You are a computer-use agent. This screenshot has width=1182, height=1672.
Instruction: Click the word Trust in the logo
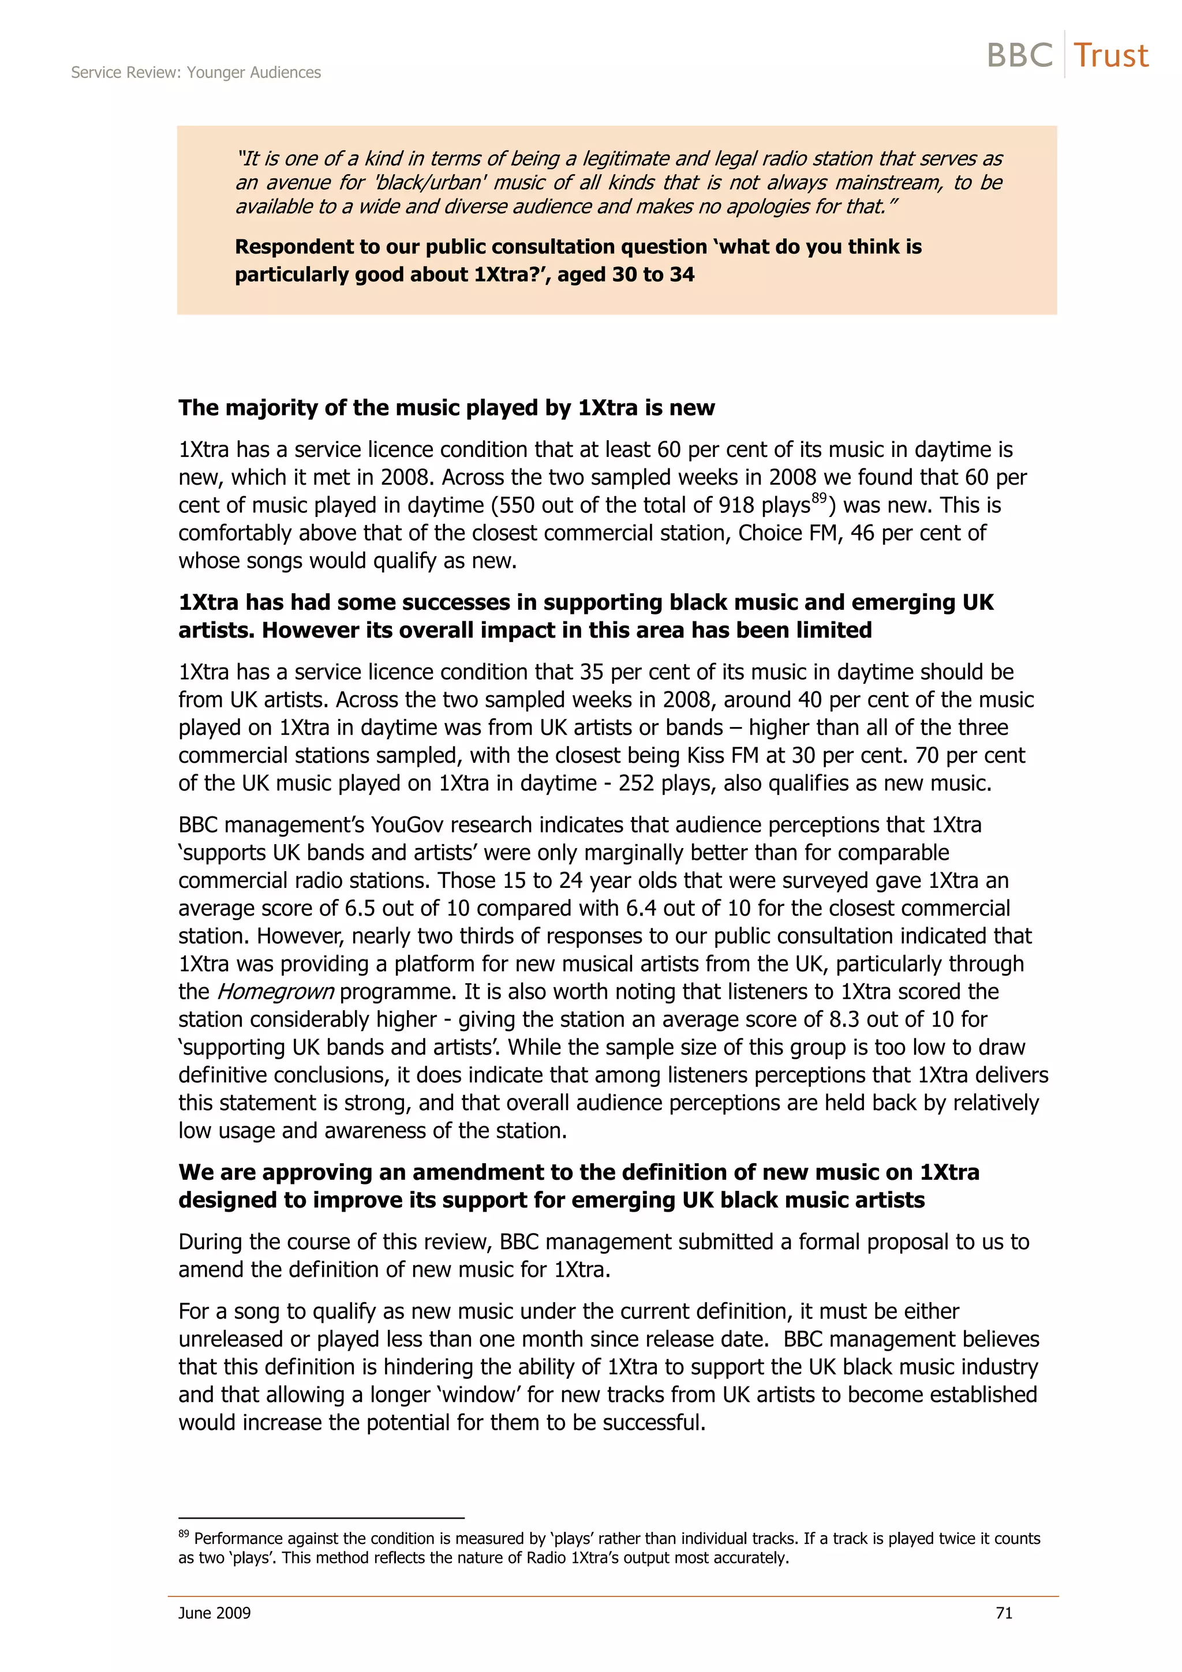[1110, 56]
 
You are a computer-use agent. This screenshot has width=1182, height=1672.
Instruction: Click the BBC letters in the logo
[1020, 56]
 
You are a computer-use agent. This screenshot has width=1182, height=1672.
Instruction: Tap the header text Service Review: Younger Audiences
[196, 73]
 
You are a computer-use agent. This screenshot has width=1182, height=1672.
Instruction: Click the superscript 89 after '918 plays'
[820, 497]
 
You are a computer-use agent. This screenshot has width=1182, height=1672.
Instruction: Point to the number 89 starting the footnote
[184, 1534]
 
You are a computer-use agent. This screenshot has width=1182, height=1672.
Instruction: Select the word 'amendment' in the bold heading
[473, 1172]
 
